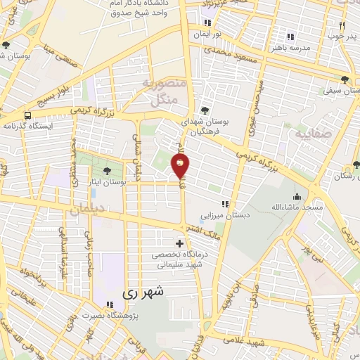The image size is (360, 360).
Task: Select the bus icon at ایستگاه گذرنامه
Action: [x=27, y=115]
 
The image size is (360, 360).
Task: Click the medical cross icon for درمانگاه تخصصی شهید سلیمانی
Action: [x=179, y=244]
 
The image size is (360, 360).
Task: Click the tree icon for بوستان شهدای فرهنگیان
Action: [x=204, y=110]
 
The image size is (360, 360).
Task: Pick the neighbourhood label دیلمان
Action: [x=86, y=209]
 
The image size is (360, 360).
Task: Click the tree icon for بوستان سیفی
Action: [x=344, y=79]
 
